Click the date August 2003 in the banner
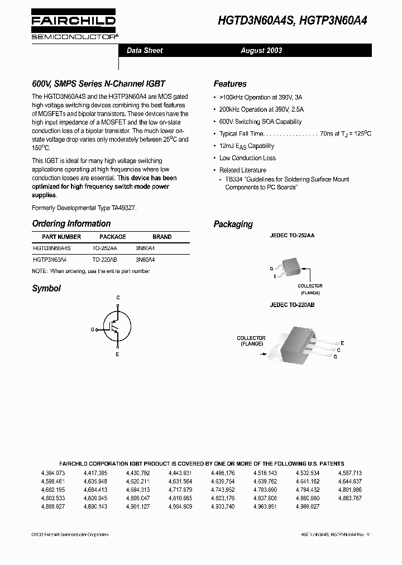[261, 50]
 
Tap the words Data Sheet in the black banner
[145, 50]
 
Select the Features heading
[230, 84]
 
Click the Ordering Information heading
[71, 224]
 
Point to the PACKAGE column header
[112, 237]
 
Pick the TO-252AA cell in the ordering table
[105, 248]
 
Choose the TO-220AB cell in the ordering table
[105, 260]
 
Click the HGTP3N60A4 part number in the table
[49, 260]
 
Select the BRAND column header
[162, 237]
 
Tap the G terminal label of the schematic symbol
[93, 329]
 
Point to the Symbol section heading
[46, 289]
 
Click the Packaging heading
[233, 224]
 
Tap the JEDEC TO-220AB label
[292, 305]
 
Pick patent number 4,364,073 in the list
[53, 473]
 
